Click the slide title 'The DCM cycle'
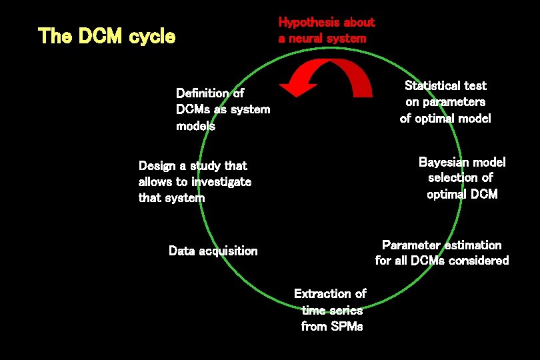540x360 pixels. [107, 36]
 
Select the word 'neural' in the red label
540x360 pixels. [309, 38]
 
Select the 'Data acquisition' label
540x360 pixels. [213, 251]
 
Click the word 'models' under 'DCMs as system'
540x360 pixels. [195, 125]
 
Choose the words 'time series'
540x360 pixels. [332, 310]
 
